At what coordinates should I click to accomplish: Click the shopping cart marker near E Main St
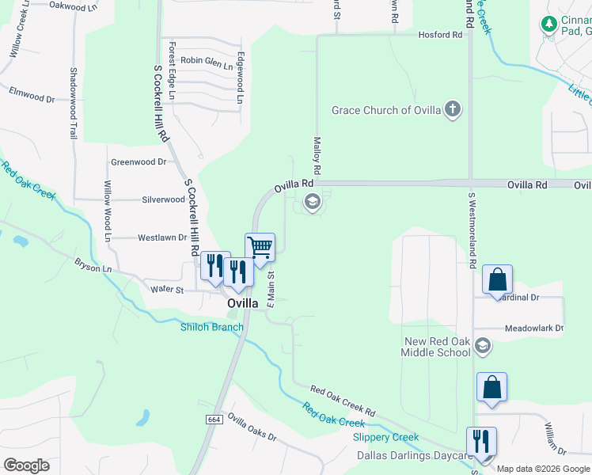click(x=260, y=248)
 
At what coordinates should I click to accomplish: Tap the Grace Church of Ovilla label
click(x=386, y=110)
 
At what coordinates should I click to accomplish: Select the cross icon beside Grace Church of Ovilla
click(x=452, y=109)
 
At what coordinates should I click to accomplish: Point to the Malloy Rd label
click(x=317, y=155)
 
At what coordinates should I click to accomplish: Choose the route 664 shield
click(x=214, y=418)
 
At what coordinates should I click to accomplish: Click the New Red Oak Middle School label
click(x=438, y=347)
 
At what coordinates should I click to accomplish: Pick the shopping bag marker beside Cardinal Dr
click(x=497, y=280)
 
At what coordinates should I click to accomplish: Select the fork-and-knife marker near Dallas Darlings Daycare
click(x=481, y=442)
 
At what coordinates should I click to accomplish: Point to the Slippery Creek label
click(x=385, y=437)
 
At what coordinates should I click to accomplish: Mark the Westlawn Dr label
click(x=161, y=237)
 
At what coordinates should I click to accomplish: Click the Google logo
click(x=25, y=465)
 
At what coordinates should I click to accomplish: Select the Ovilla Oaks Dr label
click(x=252, y=426)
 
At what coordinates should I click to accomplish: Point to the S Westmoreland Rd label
click(x=472, y=230)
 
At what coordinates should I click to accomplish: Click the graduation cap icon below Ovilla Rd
click(x=312, y=202)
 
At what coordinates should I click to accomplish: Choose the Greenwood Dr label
click(x=139, y=161)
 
